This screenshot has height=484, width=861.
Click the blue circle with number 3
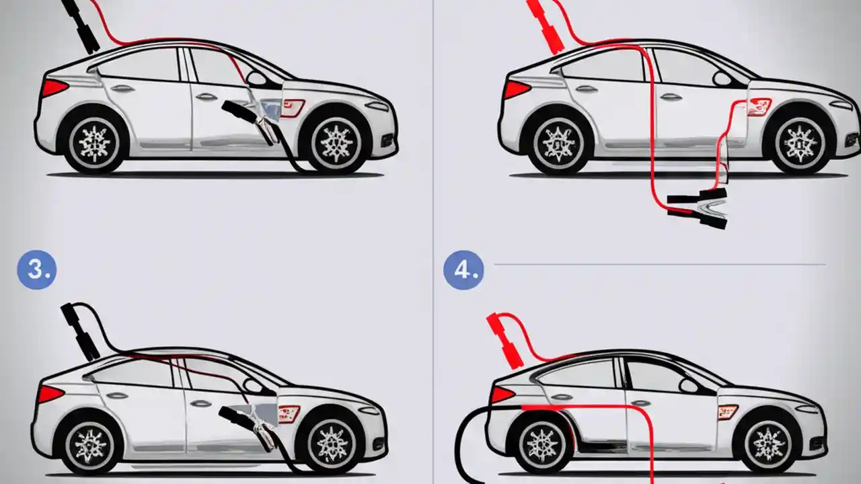(x=37, y=270)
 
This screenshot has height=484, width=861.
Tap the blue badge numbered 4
(x=463, y=270)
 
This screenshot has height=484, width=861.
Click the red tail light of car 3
(x=50, y=394)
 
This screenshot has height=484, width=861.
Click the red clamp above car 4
(x=503, y=340)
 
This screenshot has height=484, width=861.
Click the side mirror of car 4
(x=689, y=385)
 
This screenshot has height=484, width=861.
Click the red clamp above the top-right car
(x=546, y=27)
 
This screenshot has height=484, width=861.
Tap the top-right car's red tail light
(x=517, y=89)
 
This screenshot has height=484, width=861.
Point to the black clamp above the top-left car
(x=81, y=26)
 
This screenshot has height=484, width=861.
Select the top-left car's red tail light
(x=54, y=87)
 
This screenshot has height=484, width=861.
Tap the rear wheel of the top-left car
(x=93, y=142)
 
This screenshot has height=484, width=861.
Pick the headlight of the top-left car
(x=377, y=106)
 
